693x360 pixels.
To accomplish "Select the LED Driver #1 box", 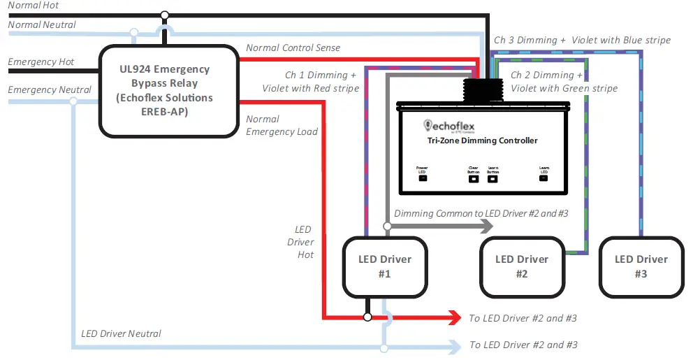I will tap(384, 266).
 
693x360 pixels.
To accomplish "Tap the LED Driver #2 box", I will tap(521, 266).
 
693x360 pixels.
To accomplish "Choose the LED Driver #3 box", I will tap(641, 266).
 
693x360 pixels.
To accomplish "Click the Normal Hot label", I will tap(34, 6).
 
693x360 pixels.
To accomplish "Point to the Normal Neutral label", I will tap(42, 25).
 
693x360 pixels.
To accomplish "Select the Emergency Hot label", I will tap(41, 62).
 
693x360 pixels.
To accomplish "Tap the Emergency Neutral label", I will tap(49, 89).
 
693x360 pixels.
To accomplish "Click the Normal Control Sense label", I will tap(293, 48).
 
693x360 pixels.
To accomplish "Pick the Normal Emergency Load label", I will tap(282, 125).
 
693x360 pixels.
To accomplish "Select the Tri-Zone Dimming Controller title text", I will tap(482, 141).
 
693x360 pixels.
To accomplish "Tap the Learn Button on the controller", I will tap(493, 178).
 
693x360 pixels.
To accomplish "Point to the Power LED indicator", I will tap(422, 178).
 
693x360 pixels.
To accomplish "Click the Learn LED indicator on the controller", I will tap(544, 178).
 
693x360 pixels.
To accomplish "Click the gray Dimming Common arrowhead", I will tap(486, 226).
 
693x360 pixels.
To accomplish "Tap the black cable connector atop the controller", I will tap(481, 89).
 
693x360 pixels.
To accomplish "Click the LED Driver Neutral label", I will tap(121, 334).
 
